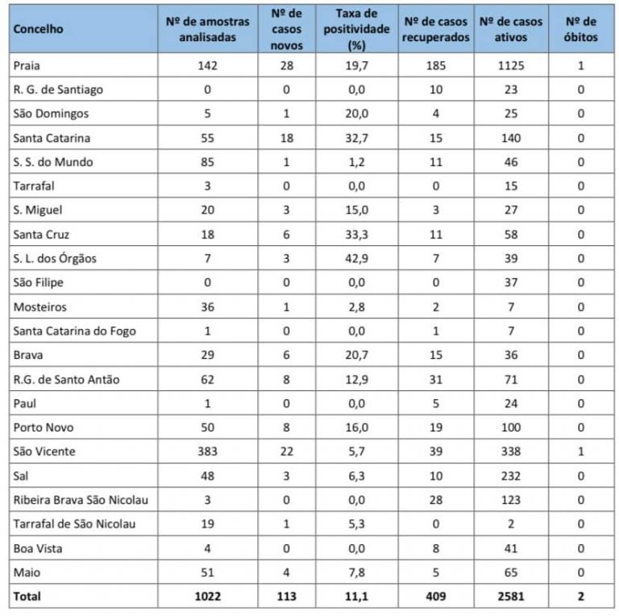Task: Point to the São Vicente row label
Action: point(44,452)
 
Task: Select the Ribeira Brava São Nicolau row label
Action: point(81,500)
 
